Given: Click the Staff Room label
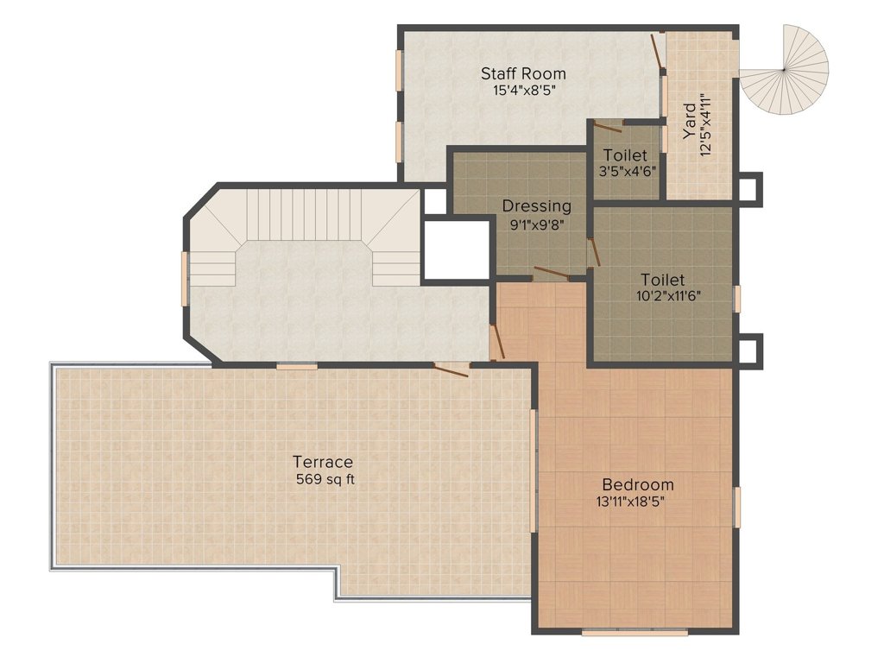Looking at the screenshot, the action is click(x=523, y=74).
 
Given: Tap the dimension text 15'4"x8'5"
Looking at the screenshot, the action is click(x=522, y=90).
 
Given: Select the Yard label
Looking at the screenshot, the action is click(x=689, y=121).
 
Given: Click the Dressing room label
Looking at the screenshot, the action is click(x=537, y=206).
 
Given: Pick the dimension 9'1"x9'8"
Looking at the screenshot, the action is click(x=537, y=224).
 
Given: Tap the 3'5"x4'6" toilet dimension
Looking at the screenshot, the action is click(x=628, y=171).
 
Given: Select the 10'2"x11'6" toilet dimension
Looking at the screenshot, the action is click(x=668, y=295).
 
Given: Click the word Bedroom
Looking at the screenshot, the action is click(x=638, y=484).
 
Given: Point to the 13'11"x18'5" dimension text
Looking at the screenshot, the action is click(x=630, y=502).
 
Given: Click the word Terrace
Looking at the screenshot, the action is click(x=323, y=463).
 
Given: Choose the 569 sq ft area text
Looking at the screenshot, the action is click(x=325, y=480).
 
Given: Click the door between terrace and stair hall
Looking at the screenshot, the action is click(x=451, y=369).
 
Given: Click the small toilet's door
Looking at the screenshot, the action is click(x=609, y=126).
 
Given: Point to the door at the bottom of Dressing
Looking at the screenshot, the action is click(x=552, y=274).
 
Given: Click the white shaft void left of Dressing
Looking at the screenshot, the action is click(x=456, y=249).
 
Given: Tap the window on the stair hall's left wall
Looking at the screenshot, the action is click(x=185, y=279).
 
